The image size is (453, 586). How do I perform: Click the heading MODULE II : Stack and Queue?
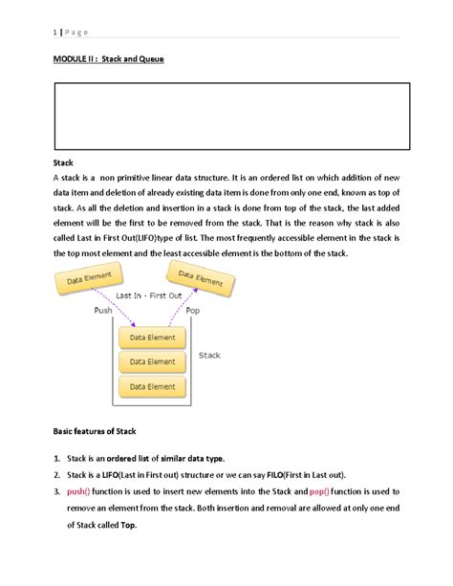coord(108,59)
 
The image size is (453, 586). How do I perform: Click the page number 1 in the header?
coord(54,32)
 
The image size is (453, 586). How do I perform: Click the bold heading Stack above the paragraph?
coord(64,163)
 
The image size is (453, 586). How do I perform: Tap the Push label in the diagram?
coord(103,311)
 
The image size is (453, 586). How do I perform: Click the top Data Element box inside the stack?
coord(153,337)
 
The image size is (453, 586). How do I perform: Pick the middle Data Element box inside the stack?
coord(153,362)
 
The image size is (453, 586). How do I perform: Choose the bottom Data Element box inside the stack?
coord(153,387)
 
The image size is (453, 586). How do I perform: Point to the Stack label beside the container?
coord(209,356)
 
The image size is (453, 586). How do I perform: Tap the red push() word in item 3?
coord(80,490)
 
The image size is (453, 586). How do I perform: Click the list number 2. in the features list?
coord(57,474)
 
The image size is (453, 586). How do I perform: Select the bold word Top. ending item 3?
coord(128,525)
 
